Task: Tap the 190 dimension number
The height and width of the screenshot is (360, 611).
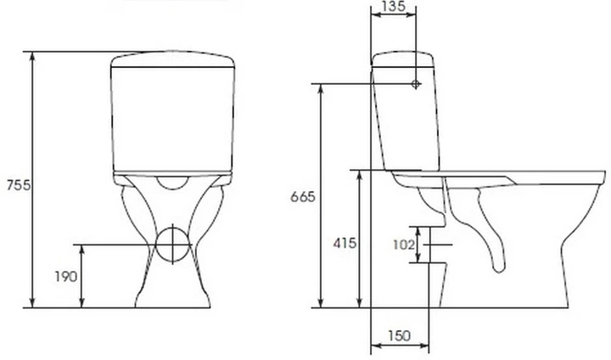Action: [67, 277]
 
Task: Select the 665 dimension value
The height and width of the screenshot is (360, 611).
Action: [302, 197]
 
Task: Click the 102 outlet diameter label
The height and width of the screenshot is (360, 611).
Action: [404, 245]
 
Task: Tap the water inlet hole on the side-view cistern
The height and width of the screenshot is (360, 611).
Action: [415, 84]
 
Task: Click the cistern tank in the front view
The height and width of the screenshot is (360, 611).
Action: [172, 115]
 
